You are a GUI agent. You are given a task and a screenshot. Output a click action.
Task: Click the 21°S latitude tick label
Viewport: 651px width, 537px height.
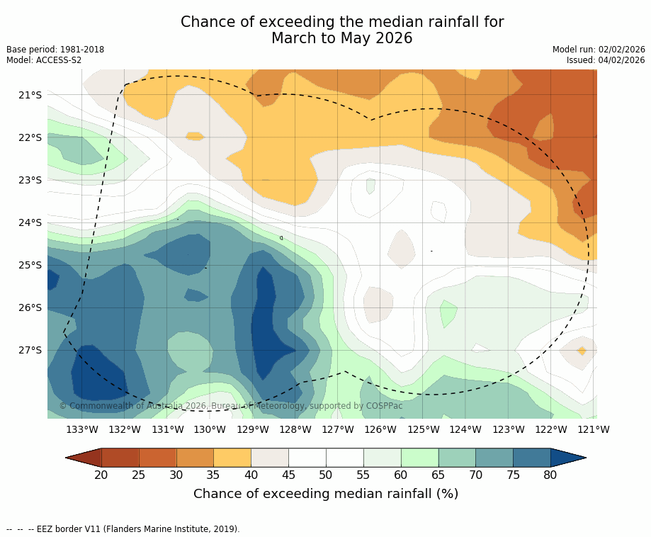(x=30, y=95)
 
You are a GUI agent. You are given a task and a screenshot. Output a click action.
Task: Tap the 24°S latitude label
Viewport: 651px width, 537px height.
(x=30, y=222)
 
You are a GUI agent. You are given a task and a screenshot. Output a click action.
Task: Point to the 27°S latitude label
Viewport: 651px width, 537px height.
(x=30, y=350)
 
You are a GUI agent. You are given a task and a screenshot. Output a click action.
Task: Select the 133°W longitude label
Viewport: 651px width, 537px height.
(x=82, y=429)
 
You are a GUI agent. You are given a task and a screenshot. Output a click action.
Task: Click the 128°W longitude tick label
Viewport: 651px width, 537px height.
(x=295, y=429)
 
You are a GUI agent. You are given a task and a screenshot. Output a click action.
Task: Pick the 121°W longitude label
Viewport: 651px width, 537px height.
(x=594, y=429)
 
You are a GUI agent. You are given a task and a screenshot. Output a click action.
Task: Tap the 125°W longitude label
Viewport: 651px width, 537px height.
(x=423, y=429)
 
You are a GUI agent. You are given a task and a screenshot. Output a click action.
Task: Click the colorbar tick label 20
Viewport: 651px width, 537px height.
(x=101, y=475)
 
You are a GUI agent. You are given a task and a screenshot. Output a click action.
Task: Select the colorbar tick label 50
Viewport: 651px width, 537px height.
(x=326, y=475)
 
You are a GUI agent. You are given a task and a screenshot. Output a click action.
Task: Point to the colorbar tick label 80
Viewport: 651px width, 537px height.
(x=550, y=475)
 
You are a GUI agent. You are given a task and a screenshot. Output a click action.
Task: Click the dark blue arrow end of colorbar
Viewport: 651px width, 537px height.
(x=567, y=458)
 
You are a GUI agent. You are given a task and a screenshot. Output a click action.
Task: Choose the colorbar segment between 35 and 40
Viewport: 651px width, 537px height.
(x=232, y=458)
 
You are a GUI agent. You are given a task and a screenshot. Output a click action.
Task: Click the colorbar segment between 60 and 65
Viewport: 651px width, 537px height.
(x=419, y=458)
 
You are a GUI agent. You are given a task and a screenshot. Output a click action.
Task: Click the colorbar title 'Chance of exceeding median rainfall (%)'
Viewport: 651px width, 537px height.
(x=326, y=494)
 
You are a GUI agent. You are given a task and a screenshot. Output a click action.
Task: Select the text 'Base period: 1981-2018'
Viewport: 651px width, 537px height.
(x=55, y=50)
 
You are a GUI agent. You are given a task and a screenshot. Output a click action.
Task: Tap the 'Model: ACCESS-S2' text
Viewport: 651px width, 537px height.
(x=44, y=60)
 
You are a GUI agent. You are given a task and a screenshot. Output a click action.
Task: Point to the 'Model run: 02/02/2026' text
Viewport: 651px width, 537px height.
(x=599, y=50)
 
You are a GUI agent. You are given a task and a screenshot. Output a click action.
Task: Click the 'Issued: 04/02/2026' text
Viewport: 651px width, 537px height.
(x=606, y=60)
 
